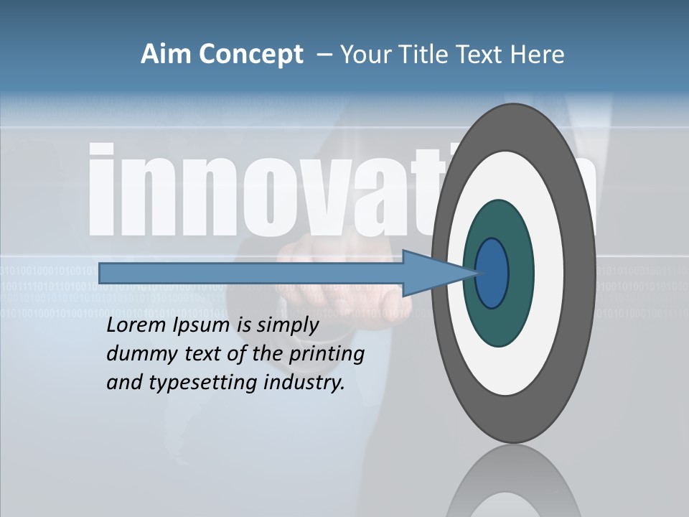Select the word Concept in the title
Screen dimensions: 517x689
click(x=252, y=55)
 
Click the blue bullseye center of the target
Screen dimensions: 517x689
click(x=492, y=274)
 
